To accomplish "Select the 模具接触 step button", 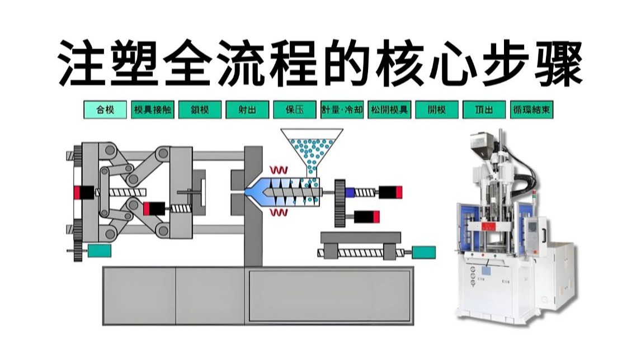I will tap(153, 110).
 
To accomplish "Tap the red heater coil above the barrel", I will tap(278, 168).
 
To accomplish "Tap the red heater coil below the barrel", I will tap(278, 212).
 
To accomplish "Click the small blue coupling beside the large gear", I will tap(350, 192).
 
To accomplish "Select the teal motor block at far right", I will tap(424, 252).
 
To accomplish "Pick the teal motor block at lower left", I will tap(99, 252).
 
